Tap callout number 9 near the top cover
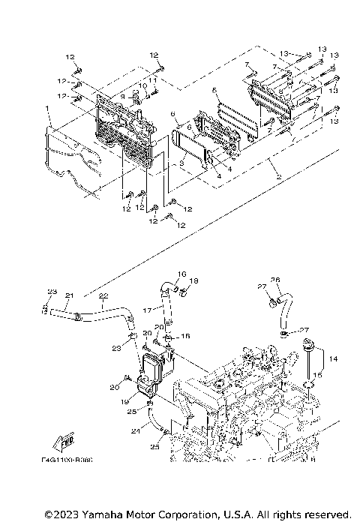122,96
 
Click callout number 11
152,79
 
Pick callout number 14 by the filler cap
334,360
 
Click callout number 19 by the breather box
124,401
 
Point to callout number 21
69,295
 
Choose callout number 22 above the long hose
103,295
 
